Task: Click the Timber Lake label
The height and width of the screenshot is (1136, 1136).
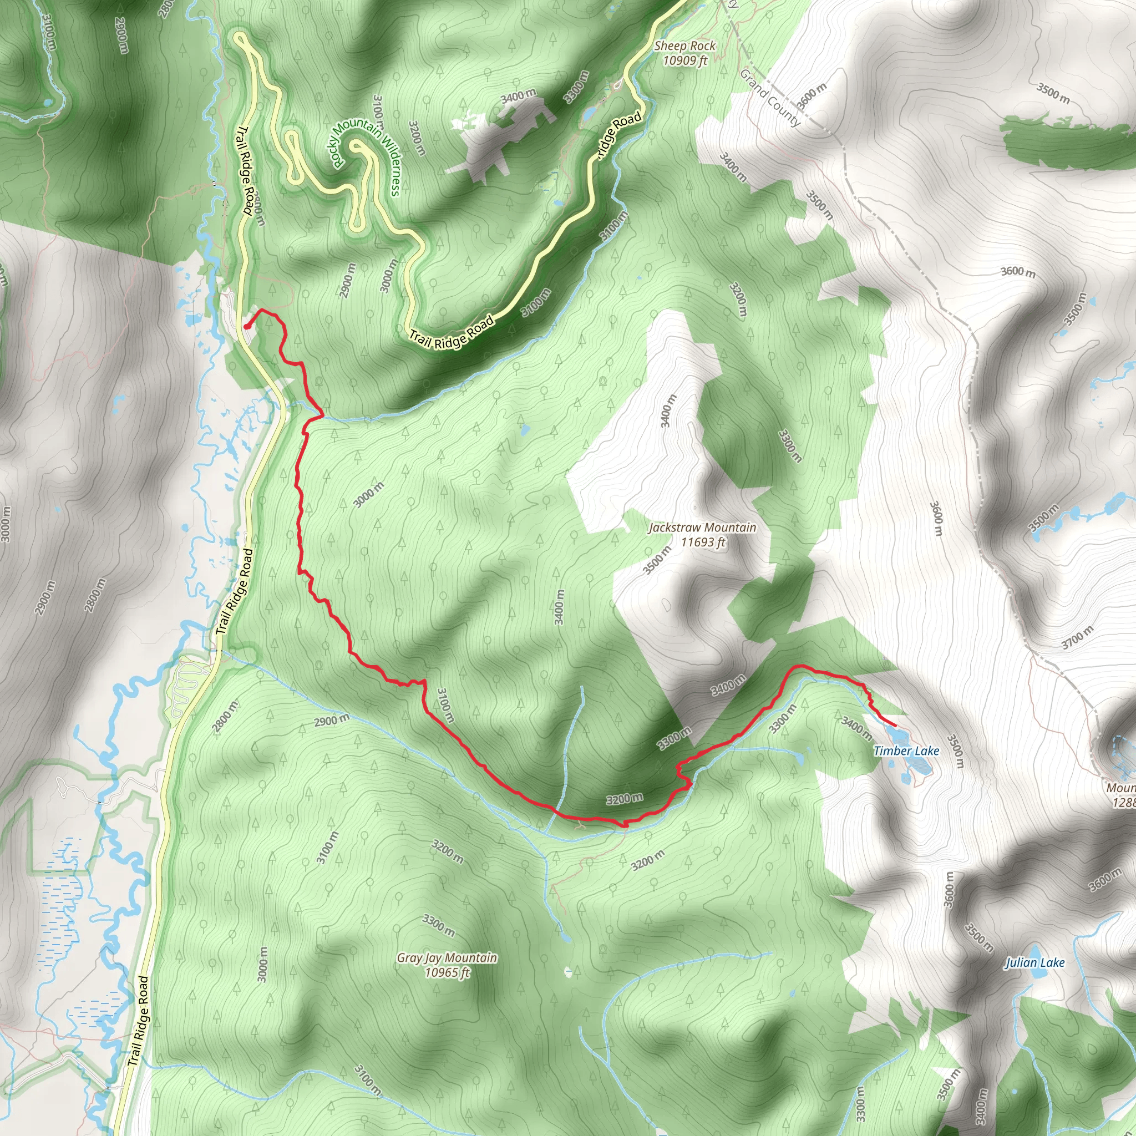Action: pyautogui.click(x=906, y=751)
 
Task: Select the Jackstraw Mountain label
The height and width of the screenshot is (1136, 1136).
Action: pyautogui.click(x=702, y=528)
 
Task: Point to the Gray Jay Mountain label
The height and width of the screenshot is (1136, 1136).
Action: pyautogui.click(x=447, y=958)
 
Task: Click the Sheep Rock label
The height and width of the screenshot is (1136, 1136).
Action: pyautogui.click(x=685, y=46)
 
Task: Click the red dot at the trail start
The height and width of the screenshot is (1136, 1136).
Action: pyautogui.click(x=246, y=326)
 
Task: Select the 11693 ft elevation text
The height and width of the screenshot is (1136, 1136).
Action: pyautogui.click(x=703, y=541)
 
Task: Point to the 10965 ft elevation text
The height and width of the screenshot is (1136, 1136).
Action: pyautogui.click(x=448, y=972)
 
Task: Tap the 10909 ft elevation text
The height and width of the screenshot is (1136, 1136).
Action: pyautogui.click(x=685, y=60)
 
